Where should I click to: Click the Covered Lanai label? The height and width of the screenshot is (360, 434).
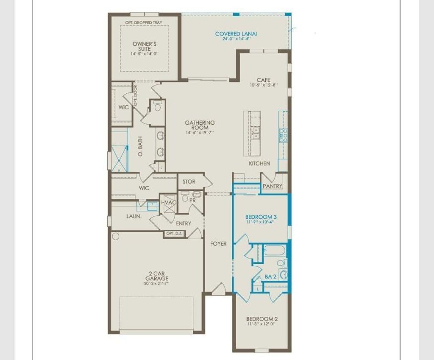tap(236, 34)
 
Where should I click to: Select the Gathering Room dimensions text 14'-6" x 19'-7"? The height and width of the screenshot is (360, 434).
tap(200, 133)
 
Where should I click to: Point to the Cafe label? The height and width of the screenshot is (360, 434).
tap(263, 80)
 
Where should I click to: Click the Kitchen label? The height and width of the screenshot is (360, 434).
tap(259, 163)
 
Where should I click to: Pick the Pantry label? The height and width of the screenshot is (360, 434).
tap(273, 186)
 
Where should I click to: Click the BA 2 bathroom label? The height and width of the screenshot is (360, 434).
tap(270, 276)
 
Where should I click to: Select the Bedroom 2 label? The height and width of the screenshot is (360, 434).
tap(262, 319)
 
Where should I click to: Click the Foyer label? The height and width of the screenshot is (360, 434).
tap(218, 244)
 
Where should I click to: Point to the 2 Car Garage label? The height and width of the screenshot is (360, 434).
tap(157, 276)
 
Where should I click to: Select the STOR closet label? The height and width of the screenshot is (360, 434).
tap(189, 181)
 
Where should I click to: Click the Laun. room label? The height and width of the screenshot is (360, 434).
tap(134, 216)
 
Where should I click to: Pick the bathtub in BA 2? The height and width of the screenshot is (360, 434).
tap(275, 250)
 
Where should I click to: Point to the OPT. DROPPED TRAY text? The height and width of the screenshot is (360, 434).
tap(143, 23)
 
